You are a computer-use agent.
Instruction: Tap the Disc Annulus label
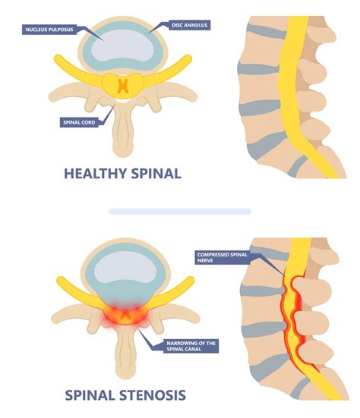[185, 26]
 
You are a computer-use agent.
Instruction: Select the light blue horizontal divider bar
[179, 211]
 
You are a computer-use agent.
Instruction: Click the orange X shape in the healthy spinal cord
[121, 85]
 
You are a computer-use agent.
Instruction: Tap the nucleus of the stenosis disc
[121, 269]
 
